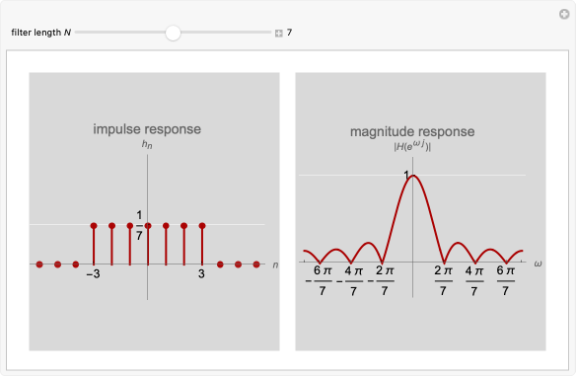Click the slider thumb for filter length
pyautogui.click(x=174, y=33)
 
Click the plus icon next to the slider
pyautogui.click(x=278, y=34)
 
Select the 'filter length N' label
pyautogui.click(x=41, y=33)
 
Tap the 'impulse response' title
pyautogui.click(x=147, y=129)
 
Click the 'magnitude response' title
pyautogui.click(x=412, y=131)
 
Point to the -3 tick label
pyautogui.click(x=93, y=274)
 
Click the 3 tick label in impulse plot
pyautogui.click(x=202, y=274)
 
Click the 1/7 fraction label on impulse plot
pyautogui.click(x=139, y=225)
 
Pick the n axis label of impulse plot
pyautogui.click(x=275, y=264)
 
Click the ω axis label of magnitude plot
pyautogui.click(x=539, y=264)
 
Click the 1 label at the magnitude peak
pyautogui.click(x=405, y=175)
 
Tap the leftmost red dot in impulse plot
pyautogui.click(x=39, y=264)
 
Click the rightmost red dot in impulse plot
pyautogui.click(x=256, y=264)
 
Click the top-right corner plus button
pyautogui.click(x=563, y=13)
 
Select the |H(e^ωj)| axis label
pyautogui.click(x=413, y=147)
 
